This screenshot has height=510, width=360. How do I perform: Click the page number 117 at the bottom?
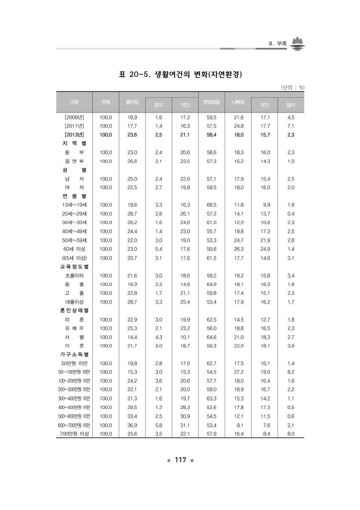click(x=180, y=460)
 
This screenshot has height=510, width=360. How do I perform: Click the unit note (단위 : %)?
click(x=293, y=88)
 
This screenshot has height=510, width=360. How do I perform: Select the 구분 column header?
click(x=74, y=102)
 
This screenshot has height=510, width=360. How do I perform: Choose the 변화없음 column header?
click(x=211, y=102)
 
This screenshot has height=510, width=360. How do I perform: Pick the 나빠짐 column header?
click(x=238, y=102)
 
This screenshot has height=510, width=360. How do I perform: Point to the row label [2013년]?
click(x=74, y=135)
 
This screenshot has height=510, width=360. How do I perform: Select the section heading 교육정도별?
click(x=74, y=266)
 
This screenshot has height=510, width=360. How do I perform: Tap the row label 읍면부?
click(x=74, y=161)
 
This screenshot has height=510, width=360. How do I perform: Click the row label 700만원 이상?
click(x=74, y=433)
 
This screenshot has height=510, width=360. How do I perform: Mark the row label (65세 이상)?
click(x=74, y=258)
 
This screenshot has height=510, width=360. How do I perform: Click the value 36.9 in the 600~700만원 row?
click(x=132, y=425)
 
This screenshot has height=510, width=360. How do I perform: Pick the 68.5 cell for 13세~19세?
click(x=211, y=205)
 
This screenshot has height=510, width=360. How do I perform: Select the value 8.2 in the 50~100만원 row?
click(x=291, y=372)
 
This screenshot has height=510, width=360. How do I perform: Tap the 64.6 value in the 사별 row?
click(x=211, y=337)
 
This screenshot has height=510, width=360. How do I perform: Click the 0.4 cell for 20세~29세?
click(x=291, y=214)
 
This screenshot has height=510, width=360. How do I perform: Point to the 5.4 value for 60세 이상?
click(x=159, y=249)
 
